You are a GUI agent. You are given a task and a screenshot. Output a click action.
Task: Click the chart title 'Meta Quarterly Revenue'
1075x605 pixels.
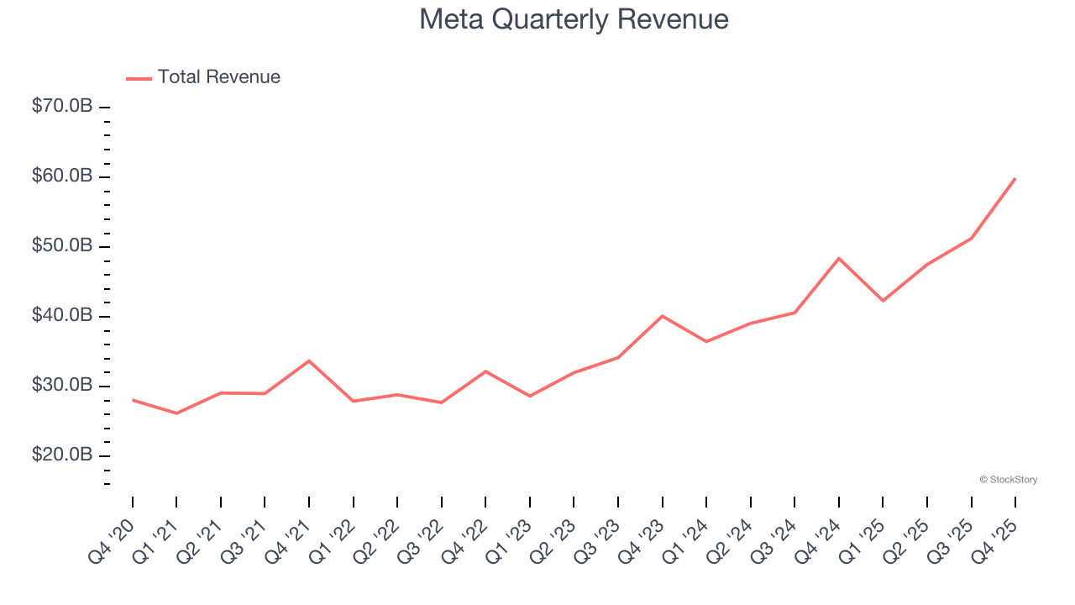coord(574,19)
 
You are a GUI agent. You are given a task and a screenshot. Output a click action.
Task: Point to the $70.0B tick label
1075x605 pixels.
coord(60,107)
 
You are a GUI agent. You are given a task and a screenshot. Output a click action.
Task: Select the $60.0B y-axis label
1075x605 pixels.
coord(60,176)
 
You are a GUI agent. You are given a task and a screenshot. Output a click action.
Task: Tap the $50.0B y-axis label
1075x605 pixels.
coord(60,246)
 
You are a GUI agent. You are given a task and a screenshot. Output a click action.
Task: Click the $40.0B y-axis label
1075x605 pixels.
coord(60,316)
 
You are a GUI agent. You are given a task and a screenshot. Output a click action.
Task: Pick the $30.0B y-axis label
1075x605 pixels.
coord(60,386)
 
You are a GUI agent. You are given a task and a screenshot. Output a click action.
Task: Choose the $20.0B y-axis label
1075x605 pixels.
coord(60,455)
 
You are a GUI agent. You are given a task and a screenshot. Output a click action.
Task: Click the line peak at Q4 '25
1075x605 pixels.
coord(1015,178)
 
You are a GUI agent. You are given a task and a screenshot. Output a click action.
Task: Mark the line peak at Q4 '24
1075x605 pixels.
coord(839,258)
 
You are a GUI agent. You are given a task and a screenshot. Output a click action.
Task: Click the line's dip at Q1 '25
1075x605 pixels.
coord(883,301)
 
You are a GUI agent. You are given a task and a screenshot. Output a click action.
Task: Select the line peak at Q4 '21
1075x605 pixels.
coord(309,360)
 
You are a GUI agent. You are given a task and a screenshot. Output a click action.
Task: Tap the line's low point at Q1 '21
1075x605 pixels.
coord(176,413)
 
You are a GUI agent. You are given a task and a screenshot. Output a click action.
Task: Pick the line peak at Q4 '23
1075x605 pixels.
coord(663,316)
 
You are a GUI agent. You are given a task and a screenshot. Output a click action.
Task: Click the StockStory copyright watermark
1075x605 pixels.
coord(1008,480)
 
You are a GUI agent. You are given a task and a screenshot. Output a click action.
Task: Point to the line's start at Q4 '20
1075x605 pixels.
coord(133,400)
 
